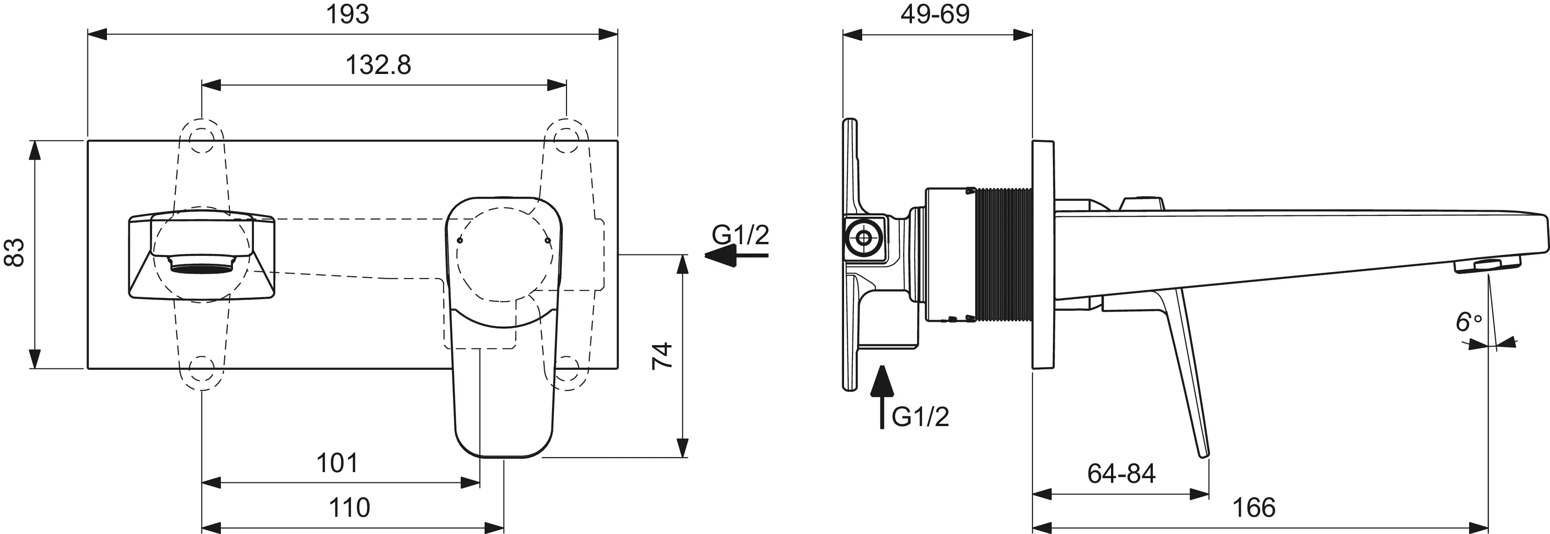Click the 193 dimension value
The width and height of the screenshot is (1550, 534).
pos(347,14)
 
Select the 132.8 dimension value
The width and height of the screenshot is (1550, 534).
pos(378,64)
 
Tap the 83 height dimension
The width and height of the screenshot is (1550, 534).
pos(14,252)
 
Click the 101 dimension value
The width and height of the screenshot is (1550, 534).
pos(337,463)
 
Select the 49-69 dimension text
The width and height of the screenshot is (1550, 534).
pos(935,14)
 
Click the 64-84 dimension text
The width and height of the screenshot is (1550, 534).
pos(1122,474)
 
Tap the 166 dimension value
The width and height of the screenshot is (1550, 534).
pos(1254,507)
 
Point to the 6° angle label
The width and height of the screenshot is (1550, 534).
pos(1469,322)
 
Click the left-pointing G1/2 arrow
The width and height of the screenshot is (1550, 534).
pos(737,256)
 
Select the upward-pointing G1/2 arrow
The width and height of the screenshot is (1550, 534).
pos(882,397)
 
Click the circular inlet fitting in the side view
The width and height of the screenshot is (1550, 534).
pos(865,238)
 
